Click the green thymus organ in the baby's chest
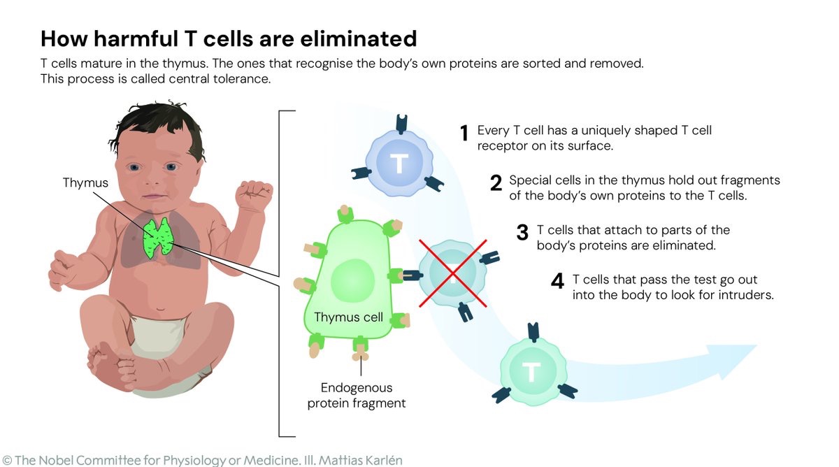(x=158, y=238)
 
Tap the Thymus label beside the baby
(x=85, y=182)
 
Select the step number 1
(x=464, y=134)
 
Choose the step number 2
(x=496, y=183)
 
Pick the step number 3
(x=522, y=233)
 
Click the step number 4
(x=557, y=281)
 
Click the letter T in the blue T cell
(x=399, y=164)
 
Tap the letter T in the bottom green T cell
(x=531, y=372)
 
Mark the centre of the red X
(x=453, y=274)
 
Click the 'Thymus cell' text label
(x=348, y=317)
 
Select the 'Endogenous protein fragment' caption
(x=356, y=396)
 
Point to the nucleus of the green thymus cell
(x=352, y=280)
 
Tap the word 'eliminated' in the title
(x=359, y=38)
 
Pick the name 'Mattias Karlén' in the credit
(x=361, y=460)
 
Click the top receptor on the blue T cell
(x=401, y=124)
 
